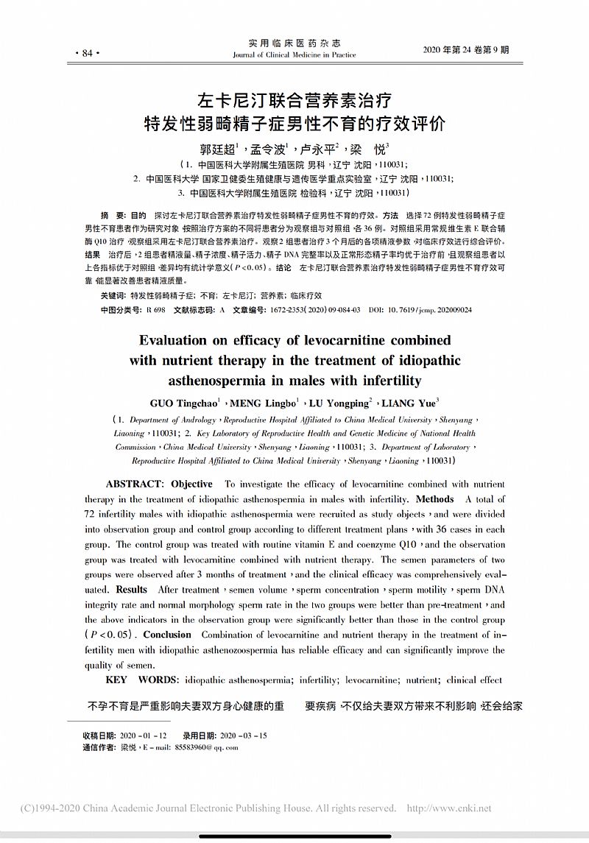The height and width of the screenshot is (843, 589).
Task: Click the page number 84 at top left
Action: point(88,53)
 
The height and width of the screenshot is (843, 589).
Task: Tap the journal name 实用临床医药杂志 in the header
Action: point(294,43)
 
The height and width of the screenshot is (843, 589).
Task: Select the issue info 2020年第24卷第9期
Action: point(466,49)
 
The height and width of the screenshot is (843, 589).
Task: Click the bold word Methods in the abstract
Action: point(435,499)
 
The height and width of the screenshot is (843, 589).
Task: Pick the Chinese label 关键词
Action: point(113,294)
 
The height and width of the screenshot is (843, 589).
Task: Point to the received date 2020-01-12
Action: point(143,736)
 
